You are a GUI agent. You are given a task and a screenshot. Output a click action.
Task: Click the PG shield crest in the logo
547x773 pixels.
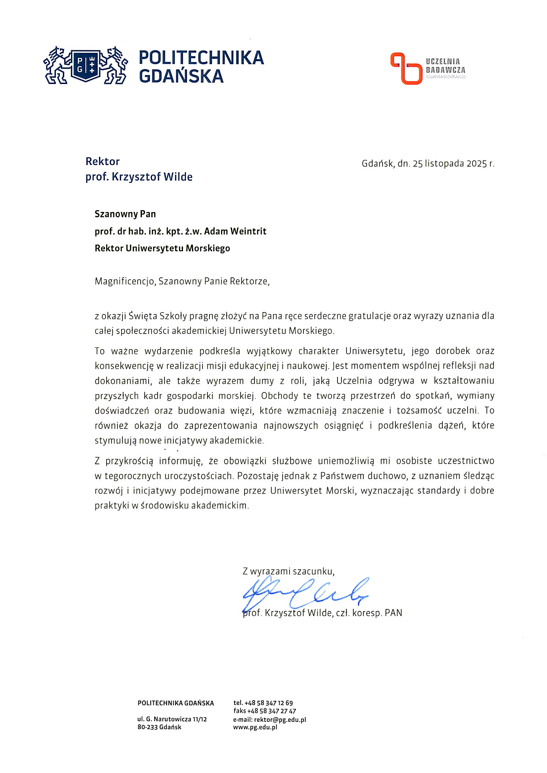coord(85,65)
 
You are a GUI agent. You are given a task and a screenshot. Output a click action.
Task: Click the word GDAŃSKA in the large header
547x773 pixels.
coord(181,76)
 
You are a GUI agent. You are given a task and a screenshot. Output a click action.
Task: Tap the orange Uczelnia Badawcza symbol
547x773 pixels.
coord(406,68)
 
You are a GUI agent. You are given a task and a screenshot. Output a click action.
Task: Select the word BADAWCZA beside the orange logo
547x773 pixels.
coord(445,70)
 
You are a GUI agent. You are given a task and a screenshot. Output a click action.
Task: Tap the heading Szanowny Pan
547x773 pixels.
coord(125,214)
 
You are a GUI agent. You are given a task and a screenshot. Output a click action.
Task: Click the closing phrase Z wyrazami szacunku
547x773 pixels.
coord(288,571)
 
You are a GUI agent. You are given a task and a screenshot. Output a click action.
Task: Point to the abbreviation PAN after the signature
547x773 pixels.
coord(393,613)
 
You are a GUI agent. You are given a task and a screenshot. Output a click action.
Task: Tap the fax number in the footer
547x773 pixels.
coord(271,711)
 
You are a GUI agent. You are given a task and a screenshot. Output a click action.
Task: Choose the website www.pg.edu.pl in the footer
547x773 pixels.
coord(255,727)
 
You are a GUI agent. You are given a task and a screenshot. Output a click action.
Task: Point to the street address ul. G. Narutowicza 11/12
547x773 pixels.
coord(172,719)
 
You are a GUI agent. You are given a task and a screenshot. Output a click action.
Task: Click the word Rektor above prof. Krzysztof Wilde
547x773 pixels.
coord(103,162)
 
